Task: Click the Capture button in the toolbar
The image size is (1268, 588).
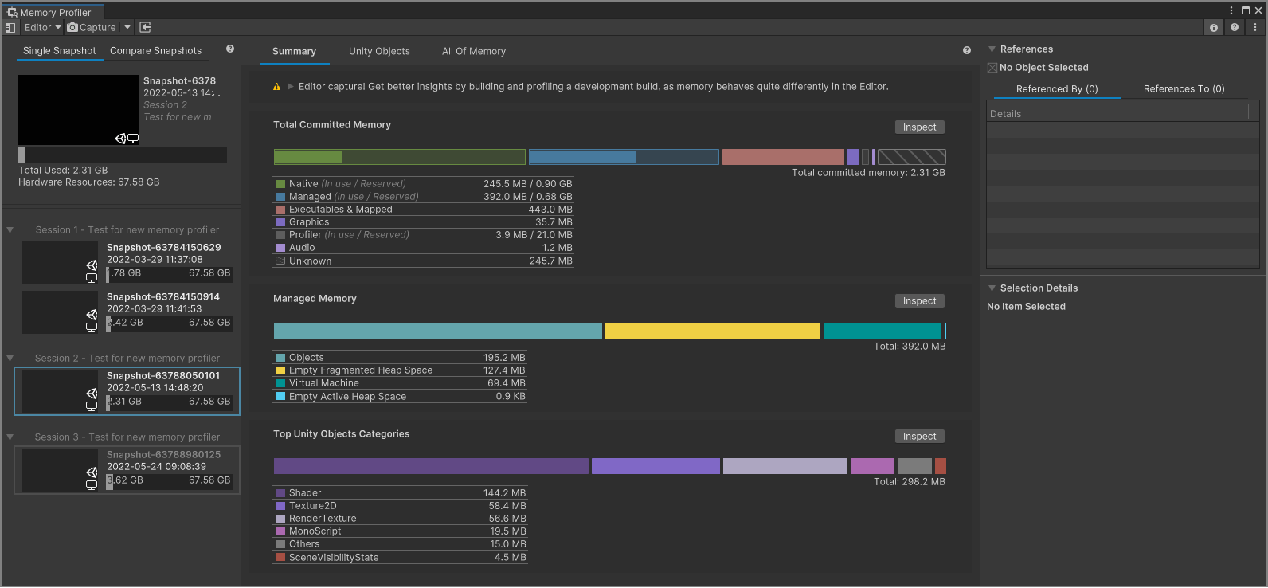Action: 92,27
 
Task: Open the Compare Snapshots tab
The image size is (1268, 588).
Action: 155,51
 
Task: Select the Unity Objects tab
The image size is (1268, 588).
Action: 379,51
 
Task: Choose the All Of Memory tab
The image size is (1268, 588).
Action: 474,51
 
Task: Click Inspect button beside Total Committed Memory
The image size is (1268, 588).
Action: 919,127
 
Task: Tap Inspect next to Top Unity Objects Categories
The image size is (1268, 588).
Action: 919,437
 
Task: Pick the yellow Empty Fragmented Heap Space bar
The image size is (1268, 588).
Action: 712,331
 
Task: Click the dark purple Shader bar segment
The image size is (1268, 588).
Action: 430,466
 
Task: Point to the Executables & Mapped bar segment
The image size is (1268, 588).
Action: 782,157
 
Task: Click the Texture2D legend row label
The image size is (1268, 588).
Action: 312,506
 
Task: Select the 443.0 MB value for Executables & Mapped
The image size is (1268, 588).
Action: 550,210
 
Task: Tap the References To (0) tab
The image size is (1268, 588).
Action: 1184,89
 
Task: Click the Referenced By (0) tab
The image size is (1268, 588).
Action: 1056,89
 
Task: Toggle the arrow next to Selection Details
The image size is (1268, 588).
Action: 992,288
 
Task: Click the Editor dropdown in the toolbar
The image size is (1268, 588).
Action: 42,27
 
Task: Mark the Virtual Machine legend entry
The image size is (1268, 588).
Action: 323,383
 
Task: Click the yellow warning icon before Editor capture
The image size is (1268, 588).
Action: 276,87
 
